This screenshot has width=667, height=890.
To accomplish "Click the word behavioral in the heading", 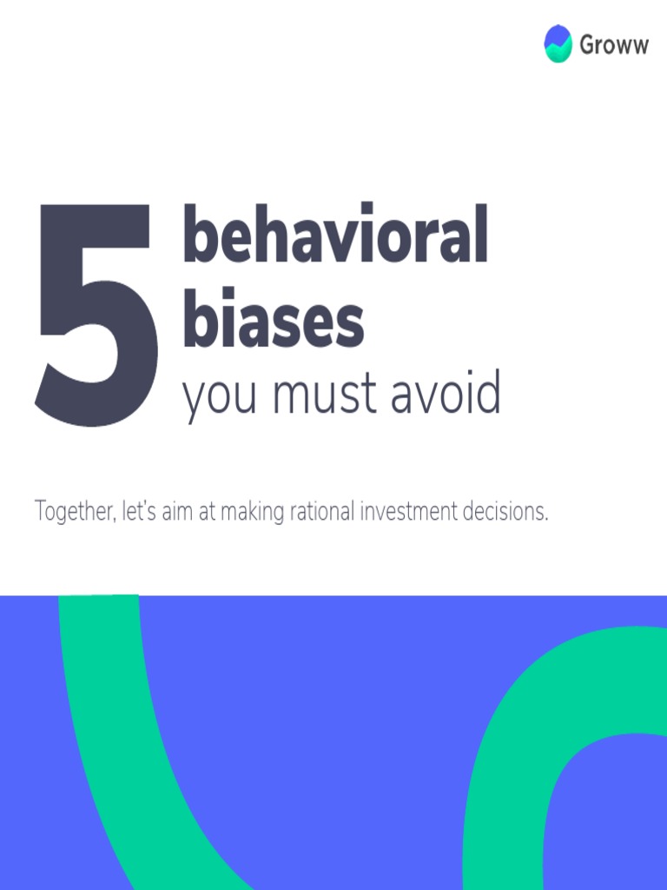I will (334, 236).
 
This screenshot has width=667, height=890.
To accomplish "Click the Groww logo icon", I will (558, 43).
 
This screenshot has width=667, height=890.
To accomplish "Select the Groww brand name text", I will (613, 45).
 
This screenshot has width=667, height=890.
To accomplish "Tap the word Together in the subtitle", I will (73, 512).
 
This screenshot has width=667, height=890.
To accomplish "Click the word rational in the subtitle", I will (320, 512).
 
